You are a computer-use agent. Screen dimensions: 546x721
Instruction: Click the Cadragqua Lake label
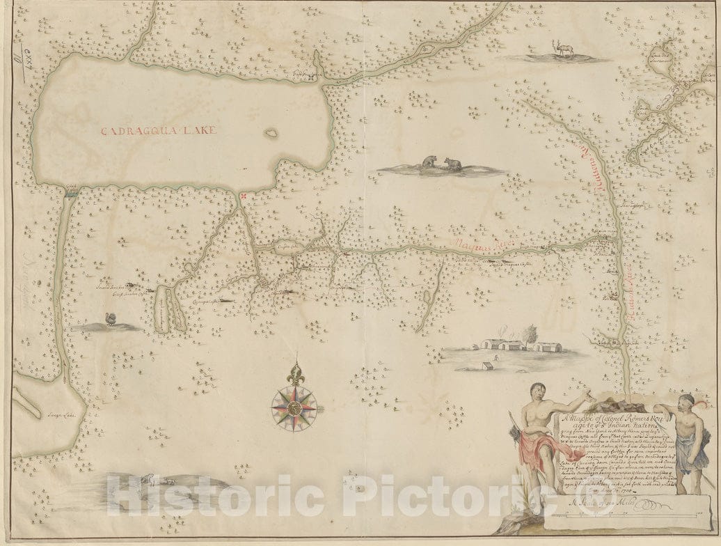[159, 130]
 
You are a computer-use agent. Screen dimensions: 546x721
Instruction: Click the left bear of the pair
[428, 162]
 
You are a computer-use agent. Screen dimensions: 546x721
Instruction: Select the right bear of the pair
[454, 164]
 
